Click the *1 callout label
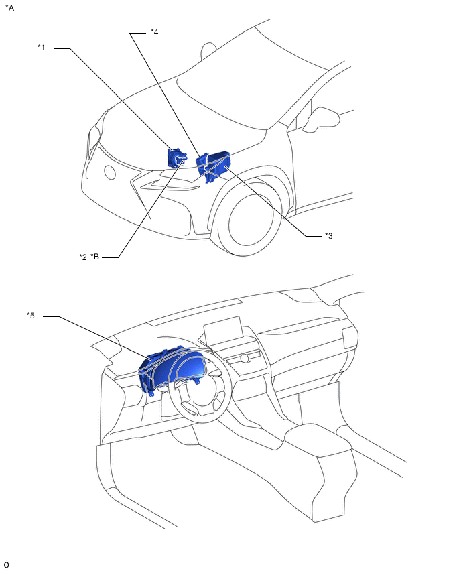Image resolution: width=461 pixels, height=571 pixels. [x=41, y=48]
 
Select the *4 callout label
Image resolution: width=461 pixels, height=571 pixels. [x=154, y=32]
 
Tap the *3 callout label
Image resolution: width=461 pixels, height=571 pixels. [x=328, y=236]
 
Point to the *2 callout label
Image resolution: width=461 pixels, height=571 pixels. [x=83, y=257]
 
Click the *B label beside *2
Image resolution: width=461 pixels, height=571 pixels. [x=94, y=257]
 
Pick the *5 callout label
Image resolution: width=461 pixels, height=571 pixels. [x=31, y=316]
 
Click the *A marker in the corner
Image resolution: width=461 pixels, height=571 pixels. [x=9, y=7]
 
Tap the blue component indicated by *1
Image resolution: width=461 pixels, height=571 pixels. [x=176, y=157]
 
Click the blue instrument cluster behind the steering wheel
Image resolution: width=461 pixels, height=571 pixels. [x=171, y=370]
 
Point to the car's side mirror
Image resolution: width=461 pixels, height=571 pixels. [x=321, y=119]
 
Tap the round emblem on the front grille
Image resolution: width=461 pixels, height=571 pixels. [x=110, y=173]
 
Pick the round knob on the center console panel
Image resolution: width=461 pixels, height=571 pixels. [x=245, y=359]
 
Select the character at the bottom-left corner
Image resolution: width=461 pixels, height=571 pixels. [x=6, y=565]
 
